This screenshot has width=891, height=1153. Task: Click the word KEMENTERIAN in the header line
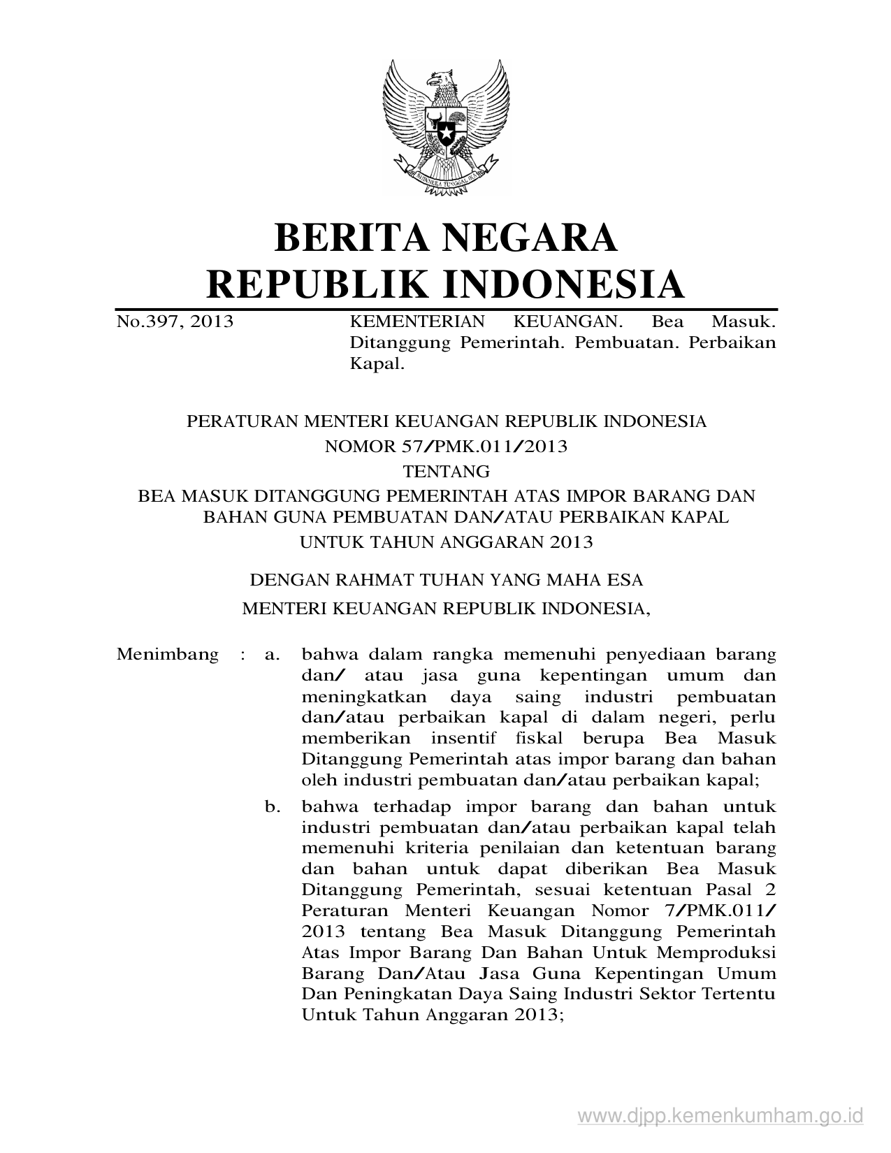point(416,322)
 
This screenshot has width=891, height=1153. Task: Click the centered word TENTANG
point(446,471)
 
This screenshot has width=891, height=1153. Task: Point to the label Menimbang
point(168,655)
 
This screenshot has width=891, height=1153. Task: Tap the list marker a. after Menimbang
point(272,655)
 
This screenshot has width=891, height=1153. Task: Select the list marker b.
point(272,807)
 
